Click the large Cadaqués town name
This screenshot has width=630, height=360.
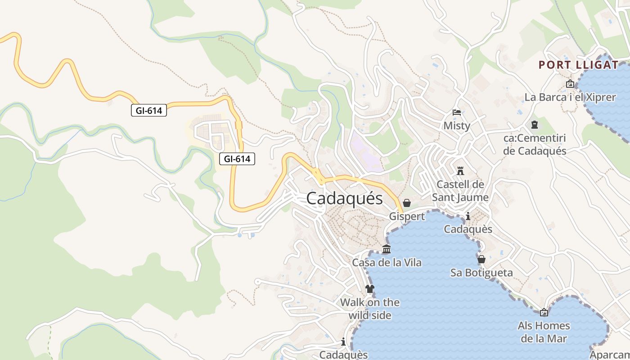pos(344,198)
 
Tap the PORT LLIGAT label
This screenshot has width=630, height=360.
pos(579,65)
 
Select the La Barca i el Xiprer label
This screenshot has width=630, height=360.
pos(570,97)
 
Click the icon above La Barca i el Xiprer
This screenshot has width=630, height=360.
pos(570,84)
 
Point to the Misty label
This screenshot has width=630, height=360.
pos(457,126)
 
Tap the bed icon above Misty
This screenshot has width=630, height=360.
pos(457,112)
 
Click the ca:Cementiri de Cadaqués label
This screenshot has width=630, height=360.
pos(535,144)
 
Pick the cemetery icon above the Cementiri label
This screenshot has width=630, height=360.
pos(535,125)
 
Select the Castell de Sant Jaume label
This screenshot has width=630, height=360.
pos(460,191)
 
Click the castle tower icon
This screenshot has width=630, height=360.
pos(460,171)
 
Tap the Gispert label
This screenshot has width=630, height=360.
pos(407,216)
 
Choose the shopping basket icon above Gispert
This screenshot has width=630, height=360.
pos(407,203)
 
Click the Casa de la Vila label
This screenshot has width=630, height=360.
pos(387,262)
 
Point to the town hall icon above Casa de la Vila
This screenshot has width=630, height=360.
pos(386,249)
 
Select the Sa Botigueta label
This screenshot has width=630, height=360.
pos(481,273)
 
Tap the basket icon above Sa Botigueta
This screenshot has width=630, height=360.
pos(481,259)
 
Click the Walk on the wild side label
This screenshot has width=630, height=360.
pos(370,309)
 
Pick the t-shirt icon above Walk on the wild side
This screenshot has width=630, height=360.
pos(370,289)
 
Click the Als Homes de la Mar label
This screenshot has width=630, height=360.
pos(544,332)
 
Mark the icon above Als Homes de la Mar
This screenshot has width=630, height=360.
pos(544,312)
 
